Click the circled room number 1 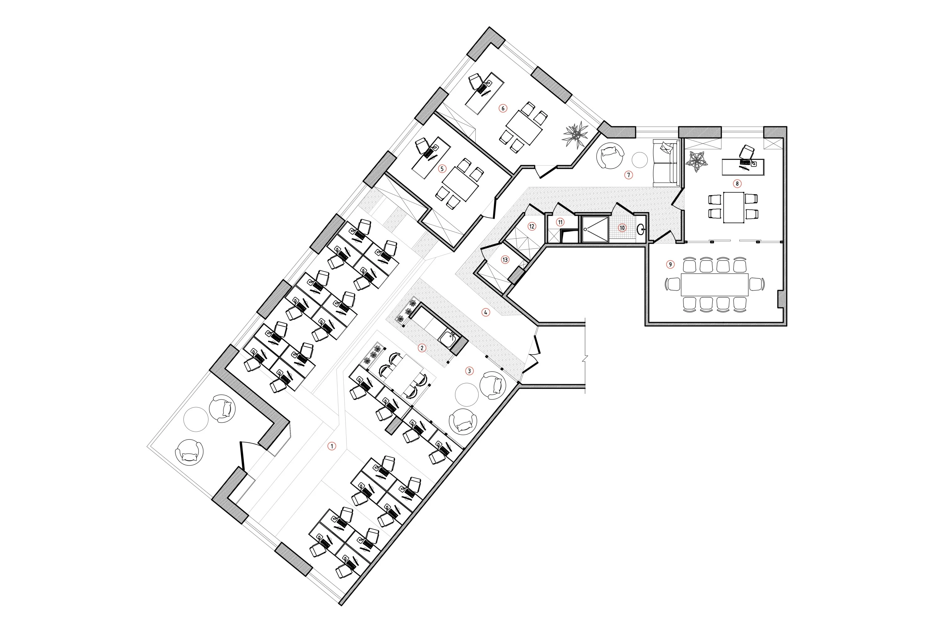click(x=331, y=446)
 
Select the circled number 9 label click(x=670, y=264)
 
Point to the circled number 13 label click(x=505, y=260)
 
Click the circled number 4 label click(x=485, y=313)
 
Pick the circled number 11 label click(x=561, y=222)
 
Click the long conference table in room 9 click(x=714, y=285)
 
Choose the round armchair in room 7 click(x=610, y=156)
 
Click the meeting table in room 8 click(x=733, y=208)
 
